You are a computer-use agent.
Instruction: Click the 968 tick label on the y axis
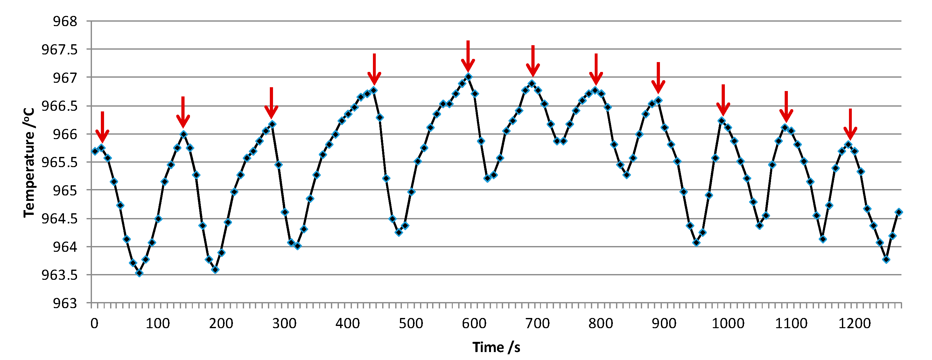[65, 22]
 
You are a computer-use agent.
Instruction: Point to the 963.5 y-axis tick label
[60, 275]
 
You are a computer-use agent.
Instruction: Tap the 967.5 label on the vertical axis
[60, 50]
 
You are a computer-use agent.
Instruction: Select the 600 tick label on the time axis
[474, 323]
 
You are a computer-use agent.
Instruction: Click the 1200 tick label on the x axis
[854, 323]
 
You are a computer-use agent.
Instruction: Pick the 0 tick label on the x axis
[94, 323]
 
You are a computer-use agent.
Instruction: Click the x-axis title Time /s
[496, 347]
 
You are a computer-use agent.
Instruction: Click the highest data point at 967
[468, 77]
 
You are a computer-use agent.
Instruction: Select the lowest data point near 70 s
[139, 273]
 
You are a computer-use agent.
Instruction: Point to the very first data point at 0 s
[95, 151]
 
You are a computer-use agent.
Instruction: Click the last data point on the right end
[899, 212]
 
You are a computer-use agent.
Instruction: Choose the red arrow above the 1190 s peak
[850, 124]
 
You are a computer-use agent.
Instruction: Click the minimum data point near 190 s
[215, 270]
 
